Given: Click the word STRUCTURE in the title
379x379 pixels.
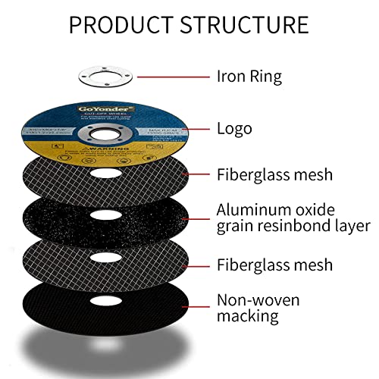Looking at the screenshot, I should [x=245, y=24].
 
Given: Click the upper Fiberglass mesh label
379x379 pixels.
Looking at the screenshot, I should [x=274, y=175].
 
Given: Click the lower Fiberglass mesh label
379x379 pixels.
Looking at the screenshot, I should [x=274, y=265].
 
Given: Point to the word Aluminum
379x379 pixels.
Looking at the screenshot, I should [x=253, y=208].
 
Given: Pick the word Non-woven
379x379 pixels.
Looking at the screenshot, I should [x=258, y=300].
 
